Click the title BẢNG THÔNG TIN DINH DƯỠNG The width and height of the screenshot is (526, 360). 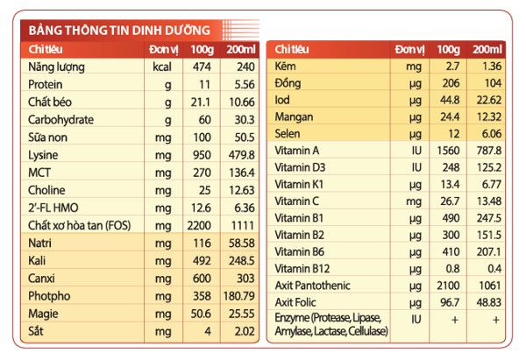coord(119,30)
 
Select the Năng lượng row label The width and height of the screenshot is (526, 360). coord(56,67)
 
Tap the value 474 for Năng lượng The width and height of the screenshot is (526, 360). coord(202,67)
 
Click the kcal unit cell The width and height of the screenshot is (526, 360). coord(162,67)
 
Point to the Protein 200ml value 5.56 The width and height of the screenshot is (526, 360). coord(245,84)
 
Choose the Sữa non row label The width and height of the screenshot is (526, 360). coord(47,138)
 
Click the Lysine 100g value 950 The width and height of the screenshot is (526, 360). coord(202,155)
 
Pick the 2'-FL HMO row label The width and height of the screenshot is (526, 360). coord(53,208)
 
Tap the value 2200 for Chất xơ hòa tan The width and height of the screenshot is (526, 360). coord(199,226)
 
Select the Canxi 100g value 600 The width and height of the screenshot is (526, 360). coord(202,279)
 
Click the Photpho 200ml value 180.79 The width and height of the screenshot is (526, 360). coord(239,296)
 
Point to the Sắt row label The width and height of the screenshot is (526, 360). coord(36,331)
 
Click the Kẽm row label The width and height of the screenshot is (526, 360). coord(285,66)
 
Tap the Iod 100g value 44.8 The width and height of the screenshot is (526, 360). coord(450,100)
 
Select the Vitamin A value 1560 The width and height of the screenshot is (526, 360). coord(448,151)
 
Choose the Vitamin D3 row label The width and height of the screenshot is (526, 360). coord(300,167)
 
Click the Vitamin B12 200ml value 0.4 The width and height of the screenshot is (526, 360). coord(494,269)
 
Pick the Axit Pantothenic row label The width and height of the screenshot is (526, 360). coord(312,286)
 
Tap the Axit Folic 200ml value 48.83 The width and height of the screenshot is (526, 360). coord(489,302)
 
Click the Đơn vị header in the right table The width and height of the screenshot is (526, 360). coord(409,50)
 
